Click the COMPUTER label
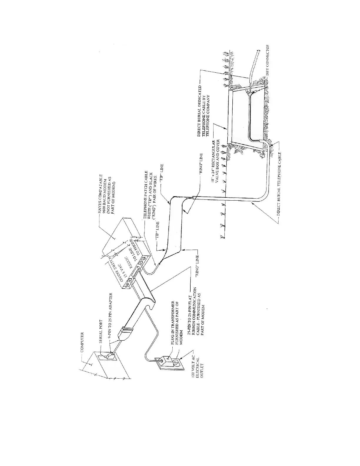pyautogui.click(x=83, y=342)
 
